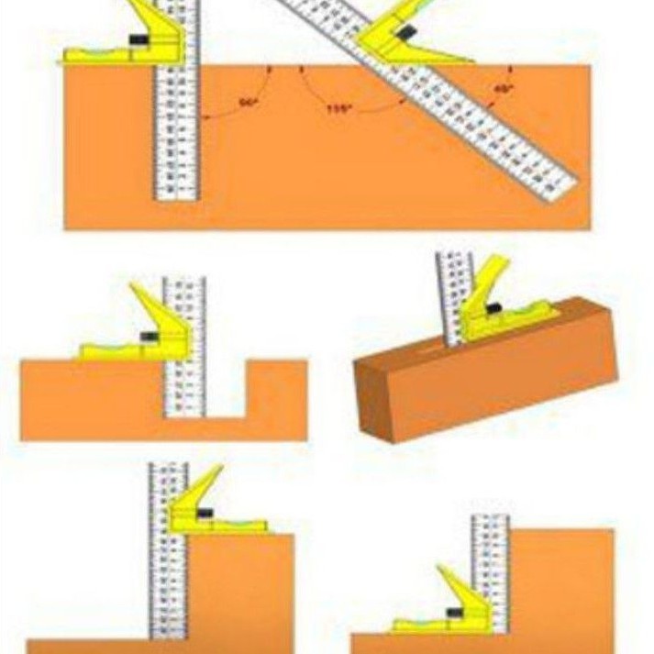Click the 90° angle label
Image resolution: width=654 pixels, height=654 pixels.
click(246, 103)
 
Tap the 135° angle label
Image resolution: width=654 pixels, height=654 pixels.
click(338, 109)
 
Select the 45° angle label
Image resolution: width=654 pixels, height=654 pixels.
click(504, 89)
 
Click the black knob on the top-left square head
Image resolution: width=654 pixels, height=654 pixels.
click(139, 39)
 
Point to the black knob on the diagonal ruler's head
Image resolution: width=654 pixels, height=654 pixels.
click(405, 34)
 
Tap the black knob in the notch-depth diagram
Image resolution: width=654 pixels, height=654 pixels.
click(149, 337)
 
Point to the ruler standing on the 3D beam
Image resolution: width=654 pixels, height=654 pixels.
click(454, 294)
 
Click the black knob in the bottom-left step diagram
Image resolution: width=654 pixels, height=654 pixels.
click(205, 513)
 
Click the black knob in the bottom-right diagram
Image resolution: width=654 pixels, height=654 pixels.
click(454, 612)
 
